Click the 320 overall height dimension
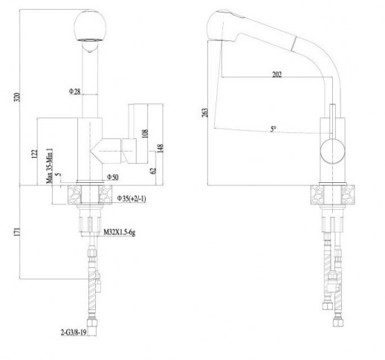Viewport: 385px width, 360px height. [17, 97]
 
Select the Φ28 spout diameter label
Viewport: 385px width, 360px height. [74, 91]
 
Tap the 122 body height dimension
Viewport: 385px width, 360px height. [35, 153]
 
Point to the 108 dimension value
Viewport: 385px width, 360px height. [146, 133]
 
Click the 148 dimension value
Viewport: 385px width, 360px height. [161, 148]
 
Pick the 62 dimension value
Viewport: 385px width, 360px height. [153, 170]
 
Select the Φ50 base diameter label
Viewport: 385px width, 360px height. [113, 177]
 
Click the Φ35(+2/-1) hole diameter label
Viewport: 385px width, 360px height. [132, 199]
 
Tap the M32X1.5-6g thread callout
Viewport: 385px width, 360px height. [120, 232]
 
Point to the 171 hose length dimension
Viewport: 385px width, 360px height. [17, 232]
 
